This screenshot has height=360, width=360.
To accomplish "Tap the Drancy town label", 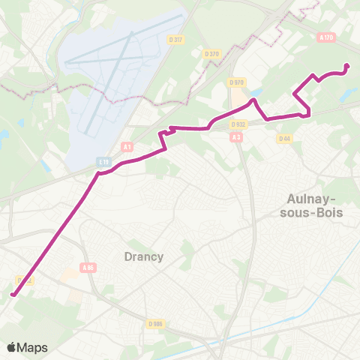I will coord(142,256).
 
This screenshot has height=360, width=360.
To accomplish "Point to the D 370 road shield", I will coord(212,53).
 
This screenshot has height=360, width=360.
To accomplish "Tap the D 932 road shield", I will coord(238,124).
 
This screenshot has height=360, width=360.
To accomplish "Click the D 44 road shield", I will coord(284,138).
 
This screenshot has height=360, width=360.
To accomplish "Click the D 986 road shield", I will coord(155,323).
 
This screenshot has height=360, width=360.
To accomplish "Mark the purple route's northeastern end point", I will coord(347,66).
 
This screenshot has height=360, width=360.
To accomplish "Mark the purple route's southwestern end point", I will coord(13,295).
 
